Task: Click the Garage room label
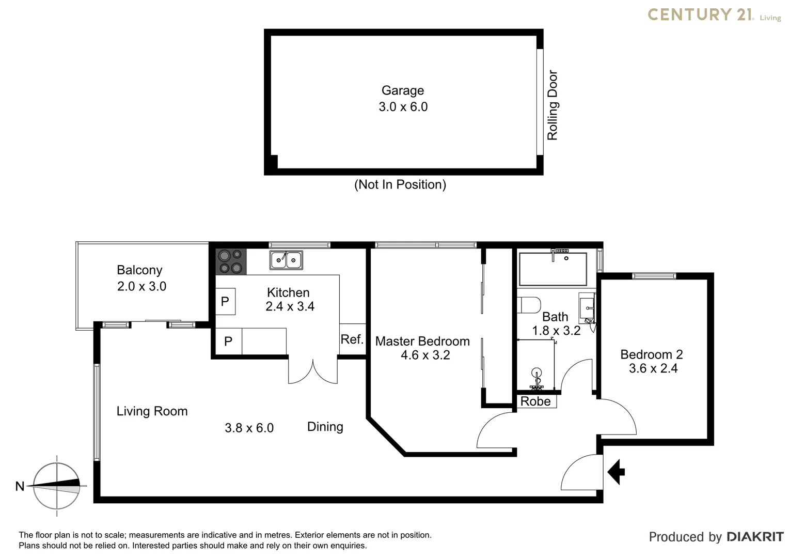click(x=403, y=90)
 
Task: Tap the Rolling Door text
click(x=553, y=105)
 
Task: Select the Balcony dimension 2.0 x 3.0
click(x=141, y=286)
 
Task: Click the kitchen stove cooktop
click(x=230, y=261)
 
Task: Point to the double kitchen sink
click(x=286, y=259)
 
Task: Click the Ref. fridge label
click(x=352, y=339)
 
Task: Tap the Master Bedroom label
click(x=422, y=341)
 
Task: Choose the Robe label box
click(x=535, y=401)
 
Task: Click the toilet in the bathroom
click(x=530, y=305)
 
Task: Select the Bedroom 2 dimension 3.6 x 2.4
click(x=653, y=368)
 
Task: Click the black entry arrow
click(x=616, y=471)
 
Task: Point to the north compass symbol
click(x=57, y=486)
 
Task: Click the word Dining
click(x=325, y=427)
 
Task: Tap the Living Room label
click(x=152, y=411)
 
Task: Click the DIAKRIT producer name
click(x=755, y=537)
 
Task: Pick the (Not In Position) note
click(x=400, y=184)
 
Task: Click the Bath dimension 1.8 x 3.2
click(x=556, y=331)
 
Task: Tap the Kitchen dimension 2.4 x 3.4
click(x=290, y=306)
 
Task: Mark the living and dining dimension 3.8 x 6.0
click(x=249, y=428)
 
